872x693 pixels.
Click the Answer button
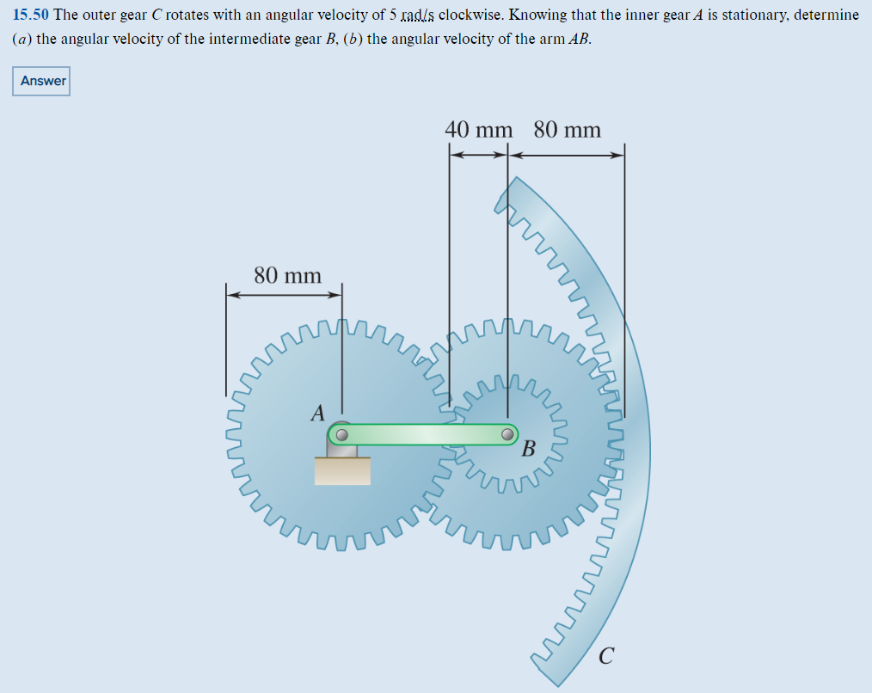point(43,81)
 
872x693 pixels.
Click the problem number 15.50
point(31,15)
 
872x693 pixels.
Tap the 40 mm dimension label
point(479,130)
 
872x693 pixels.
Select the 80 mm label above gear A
point(287,276)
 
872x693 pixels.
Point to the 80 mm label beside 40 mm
point(568,130)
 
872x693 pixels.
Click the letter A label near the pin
point(317,414)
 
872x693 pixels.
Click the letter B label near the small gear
point(529,449)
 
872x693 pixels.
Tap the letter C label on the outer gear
point(606,657)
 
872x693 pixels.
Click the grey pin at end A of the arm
point(341,434)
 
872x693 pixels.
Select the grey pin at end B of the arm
point(508,434)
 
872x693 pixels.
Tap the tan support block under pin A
point(342,470)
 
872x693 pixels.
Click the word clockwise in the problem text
point(472,15)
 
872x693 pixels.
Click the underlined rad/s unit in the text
point(418,15)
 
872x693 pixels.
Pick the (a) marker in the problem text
point(22,40)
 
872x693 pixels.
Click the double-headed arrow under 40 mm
point(479,155)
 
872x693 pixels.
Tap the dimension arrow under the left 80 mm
point(284,295)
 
